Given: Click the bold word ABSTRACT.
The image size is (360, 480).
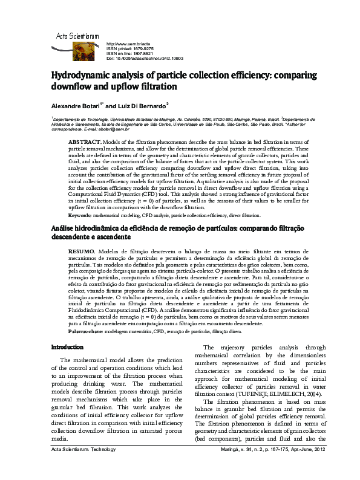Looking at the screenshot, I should pos(84,141).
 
